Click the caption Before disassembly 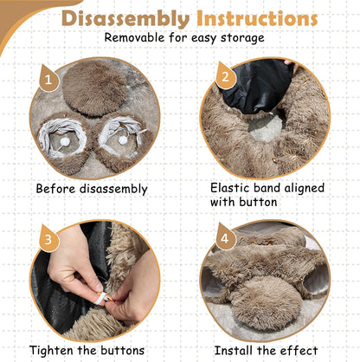(x=92, y=188)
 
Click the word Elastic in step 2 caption (x=233, y=185)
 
